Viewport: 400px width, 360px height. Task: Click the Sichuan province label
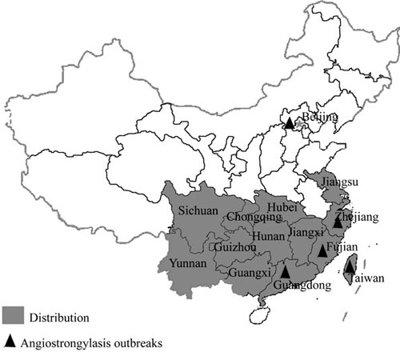198,211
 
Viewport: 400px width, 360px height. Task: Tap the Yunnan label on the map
188,263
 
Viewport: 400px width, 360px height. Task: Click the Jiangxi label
307,232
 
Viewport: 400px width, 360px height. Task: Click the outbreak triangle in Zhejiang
338,222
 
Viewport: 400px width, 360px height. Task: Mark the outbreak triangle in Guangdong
286,273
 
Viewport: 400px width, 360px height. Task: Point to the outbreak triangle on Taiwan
350,269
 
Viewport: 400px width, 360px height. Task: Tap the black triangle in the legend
10,341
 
